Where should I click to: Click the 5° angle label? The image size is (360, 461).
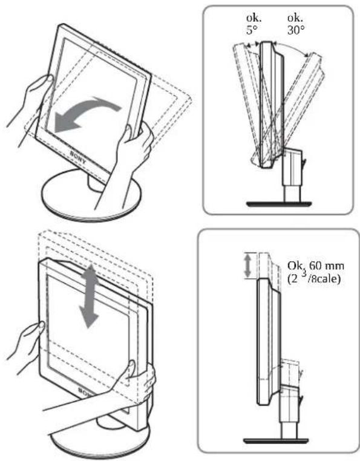click(250, 30)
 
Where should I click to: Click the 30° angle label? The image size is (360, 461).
click(296, 30)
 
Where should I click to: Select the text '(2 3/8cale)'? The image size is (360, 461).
click(314, 278)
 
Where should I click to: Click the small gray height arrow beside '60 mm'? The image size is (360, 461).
click(248, 266)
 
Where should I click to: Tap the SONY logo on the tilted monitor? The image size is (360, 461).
click(78, 157)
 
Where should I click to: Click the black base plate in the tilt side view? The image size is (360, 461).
click(278, 204)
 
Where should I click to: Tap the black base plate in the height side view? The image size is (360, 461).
click(276, 440)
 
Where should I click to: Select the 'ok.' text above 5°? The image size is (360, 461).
click(254, 18)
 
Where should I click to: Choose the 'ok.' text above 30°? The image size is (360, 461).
click(295, 18)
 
